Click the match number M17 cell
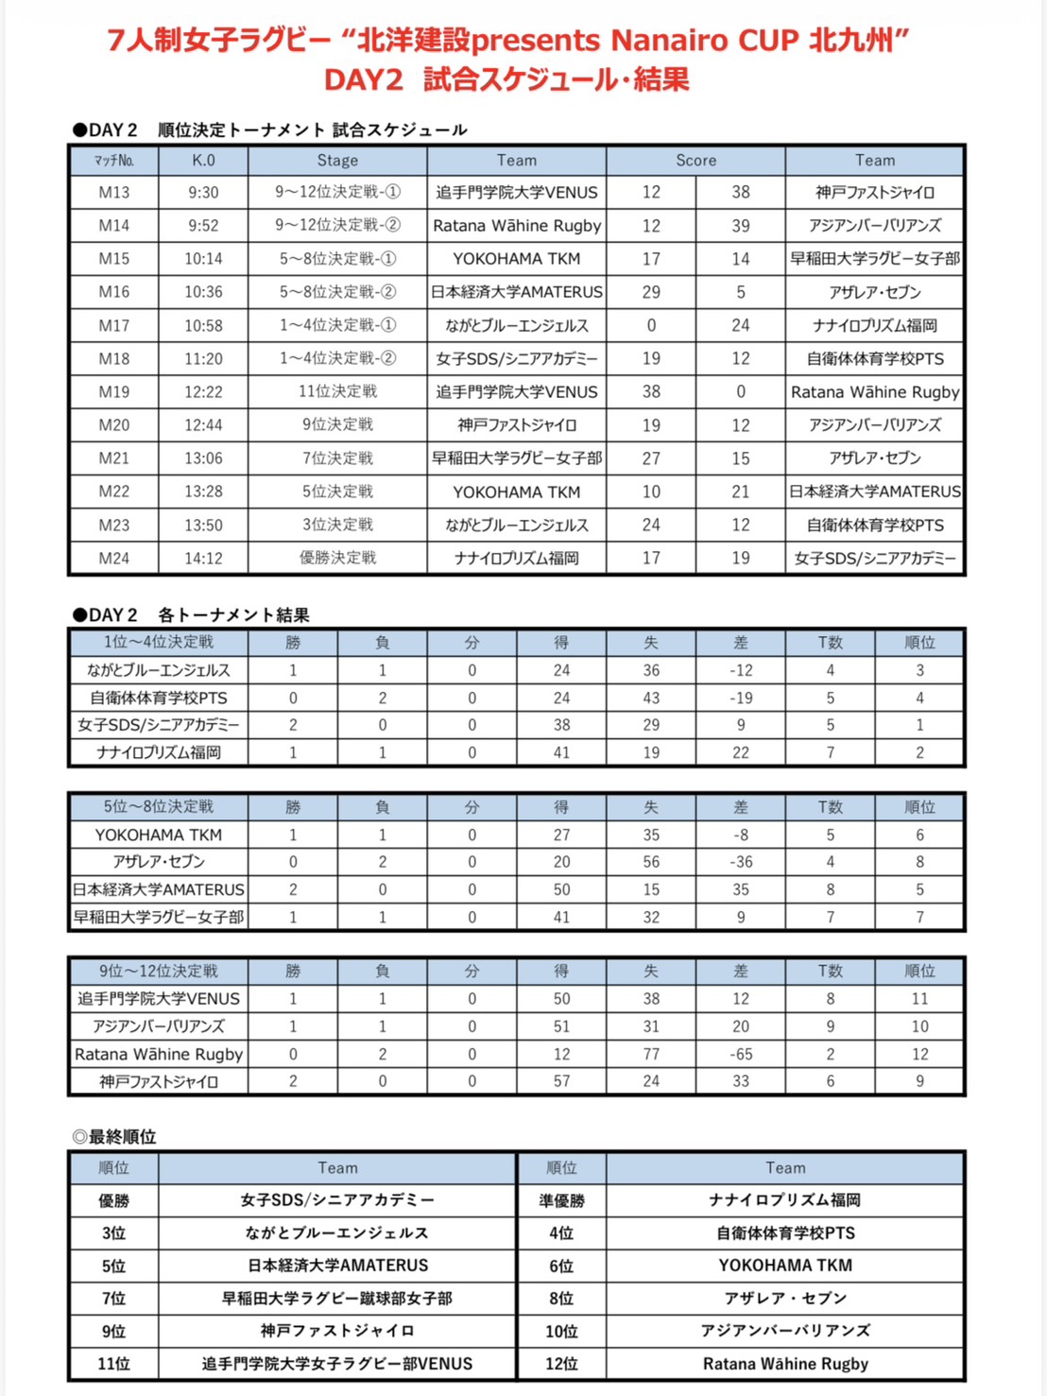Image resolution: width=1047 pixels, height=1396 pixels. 114,325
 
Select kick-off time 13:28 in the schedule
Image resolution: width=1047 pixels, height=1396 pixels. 203,491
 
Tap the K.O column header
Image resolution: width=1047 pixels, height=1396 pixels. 203,161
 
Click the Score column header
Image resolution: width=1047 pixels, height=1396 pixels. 695,161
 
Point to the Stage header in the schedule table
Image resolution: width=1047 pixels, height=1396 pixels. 337,161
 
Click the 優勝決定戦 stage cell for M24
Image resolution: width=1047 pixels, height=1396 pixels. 337,558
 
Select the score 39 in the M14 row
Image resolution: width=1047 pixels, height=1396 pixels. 741,226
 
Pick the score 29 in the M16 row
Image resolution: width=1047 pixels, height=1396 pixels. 651,292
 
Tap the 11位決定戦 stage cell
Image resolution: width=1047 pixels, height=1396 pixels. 337,391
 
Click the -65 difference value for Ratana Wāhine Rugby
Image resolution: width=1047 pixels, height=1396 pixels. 741,1054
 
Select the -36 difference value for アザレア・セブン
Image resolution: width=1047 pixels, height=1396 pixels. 741,862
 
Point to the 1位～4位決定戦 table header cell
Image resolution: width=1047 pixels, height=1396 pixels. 159,643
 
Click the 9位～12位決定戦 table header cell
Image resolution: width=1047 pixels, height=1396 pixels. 159,971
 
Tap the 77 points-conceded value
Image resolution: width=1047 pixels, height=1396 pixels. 651,1054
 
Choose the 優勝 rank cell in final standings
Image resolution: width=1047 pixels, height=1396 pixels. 114,1200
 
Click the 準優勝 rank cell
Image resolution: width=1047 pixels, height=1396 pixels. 562,1200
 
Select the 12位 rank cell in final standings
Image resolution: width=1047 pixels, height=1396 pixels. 562,1364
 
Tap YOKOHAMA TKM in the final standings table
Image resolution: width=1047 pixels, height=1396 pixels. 785,1266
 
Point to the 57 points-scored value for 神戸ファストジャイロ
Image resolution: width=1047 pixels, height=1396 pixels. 562,1081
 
